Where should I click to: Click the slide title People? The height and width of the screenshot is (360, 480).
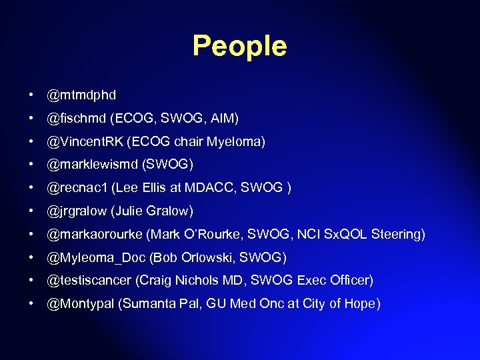239,46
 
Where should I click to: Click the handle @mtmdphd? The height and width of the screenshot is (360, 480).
81,95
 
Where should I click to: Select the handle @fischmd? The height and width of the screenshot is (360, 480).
76,119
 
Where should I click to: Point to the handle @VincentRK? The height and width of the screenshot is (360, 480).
85,142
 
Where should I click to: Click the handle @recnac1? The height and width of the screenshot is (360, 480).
77,188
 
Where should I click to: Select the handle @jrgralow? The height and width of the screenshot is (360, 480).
76,211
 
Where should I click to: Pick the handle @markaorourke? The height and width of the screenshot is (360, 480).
95,234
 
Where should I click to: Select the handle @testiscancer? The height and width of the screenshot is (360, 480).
91,280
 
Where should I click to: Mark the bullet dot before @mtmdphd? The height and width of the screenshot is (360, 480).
32,95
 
